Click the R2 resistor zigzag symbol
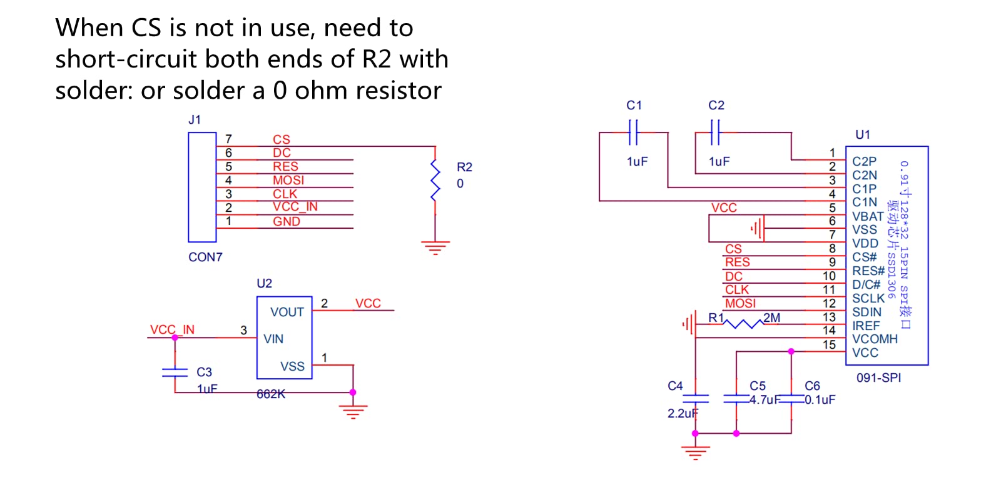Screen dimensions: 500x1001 pos(435,181)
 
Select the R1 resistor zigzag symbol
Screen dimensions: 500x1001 pos(744,324)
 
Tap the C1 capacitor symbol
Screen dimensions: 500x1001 pos(633,132)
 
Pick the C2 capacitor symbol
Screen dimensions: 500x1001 pos(716,132)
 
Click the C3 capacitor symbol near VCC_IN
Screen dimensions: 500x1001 pos(175,372)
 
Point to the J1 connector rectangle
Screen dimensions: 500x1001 pos(202,187)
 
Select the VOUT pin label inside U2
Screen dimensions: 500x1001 pos(287,312)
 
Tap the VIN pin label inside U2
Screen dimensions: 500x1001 pos(273,339)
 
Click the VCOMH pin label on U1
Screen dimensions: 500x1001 pos(875,339)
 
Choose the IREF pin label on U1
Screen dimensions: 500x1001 pos(866,326)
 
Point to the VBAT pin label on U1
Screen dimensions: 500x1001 pos(868,216)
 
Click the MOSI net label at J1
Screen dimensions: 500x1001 pos(288,180)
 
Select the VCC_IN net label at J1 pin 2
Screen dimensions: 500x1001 pos(295,207)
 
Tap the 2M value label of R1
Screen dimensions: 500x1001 pos(772,317)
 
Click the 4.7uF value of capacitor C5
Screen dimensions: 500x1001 pos(765,399)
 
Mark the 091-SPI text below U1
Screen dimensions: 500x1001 pos(878,377)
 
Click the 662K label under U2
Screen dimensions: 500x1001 pos(271,394)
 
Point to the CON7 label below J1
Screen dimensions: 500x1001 pos(205,257)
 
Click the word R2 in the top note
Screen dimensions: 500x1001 pos(377,59)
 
